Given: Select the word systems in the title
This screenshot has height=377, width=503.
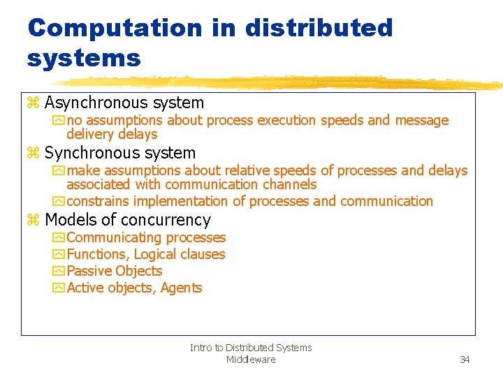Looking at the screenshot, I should [x=84, y=58].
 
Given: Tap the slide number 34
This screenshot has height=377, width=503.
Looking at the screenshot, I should [x=465, y=360].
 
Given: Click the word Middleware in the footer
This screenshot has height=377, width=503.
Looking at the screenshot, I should [x=251, y=360].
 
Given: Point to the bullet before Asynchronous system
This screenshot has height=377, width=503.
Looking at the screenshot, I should [x=33, y=103].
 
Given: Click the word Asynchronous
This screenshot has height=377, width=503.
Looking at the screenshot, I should [x=96, y=103].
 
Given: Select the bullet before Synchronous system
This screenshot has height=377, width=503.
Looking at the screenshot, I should [x=33, y=154].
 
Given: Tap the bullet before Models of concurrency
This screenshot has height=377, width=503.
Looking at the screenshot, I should [x=33, y=221].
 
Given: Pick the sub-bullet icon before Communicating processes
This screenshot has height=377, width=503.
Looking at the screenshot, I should [x=58, y=238].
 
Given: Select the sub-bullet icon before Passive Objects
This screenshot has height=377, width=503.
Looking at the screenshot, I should [x=58, y=272].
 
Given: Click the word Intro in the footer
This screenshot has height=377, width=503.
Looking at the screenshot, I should [x=201, y=348].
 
